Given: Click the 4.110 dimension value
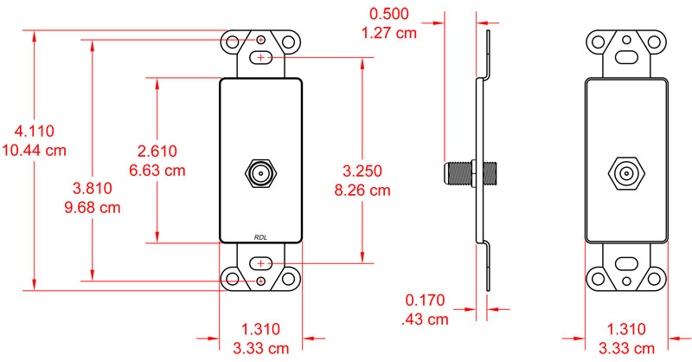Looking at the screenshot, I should (x=35, y=132).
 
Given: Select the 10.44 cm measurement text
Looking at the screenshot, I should (x=35, y=150).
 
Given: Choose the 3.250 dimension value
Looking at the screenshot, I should (x=362, y=170).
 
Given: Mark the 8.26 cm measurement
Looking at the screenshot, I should (x=362, y=189).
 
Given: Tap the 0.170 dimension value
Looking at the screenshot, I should (x=425, y=301).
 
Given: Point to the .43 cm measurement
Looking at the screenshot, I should (x=425, y=320).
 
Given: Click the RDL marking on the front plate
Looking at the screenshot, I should (x=260, y=236).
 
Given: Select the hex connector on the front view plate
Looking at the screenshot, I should (x=259, y=172).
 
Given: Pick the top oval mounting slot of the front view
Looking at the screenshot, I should (x=260, y=58).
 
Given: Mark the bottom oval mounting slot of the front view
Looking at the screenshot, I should (x=260, y=263).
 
